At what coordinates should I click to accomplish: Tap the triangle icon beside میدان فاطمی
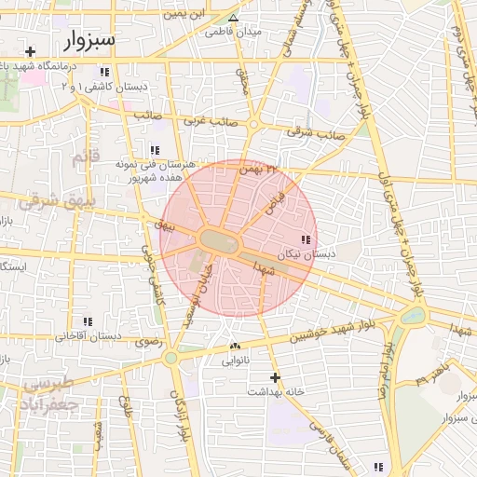pos(234,18)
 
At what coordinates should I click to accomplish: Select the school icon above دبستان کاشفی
pos(105,72)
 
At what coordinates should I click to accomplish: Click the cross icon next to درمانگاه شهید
pos(31,51)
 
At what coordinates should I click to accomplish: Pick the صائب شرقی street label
pos(316,133)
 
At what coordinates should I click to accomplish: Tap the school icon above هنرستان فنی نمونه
pos(154,150)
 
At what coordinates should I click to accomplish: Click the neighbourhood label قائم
pos(85,157)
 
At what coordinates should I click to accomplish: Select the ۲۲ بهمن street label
pos(258,170)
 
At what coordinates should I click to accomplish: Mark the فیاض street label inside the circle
pos(273,199)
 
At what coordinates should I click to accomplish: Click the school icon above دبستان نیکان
pos(307,240)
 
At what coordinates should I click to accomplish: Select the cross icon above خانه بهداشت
pos(274,377)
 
